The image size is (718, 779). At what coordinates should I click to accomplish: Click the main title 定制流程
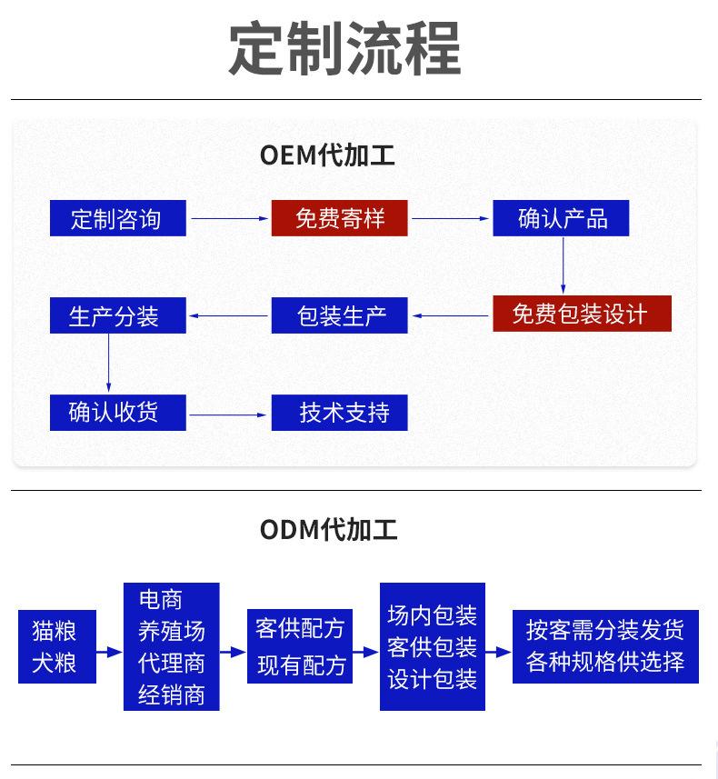pos(344,48)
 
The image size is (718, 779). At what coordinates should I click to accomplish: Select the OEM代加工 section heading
pos(327,155)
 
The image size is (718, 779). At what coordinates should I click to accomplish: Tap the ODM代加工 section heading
pos(328,529)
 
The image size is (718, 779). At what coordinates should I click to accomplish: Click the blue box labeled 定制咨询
pos(118,218)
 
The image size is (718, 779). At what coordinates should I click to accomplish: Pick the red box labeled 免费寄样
pos(339,218)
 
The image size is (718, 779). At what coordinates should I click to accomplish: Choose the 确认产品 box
pos(561,218)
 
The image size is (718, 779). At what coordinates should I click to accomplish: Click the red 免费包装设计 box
pos(582,314)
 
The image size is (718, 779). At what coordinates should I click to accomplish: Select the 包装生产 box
pos(339,315)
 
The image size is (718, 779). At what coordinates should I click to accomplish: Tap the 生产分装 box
pos(118,315)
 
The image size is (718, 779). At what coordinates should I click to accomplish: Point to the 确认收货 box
pos(118,413)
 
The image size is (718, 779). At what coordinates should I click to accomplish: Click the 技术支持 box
pos(339,413)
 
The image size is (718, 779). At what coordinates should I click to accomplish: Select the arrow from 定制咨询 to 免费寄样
pos(230,218)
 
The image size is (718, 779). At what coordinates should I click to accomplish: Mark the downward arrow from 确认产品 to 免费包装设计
pos(563,265)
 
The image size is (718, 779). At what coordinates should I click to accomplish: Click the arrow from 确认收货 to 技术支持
pos(228,414)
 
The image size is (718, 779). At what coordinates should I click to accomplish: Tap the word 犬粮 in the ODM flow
pos(55,663)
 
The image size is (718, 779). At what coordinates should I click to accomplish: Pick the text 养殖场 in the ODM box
pos(172,631)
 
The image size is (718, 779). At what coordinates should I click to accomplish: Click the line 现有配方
pos(301,665)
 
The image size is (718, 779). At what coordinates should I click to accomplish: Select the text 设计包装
pos(433,679)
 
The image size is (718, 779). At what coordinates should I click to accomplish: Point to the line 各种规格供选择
pos(605,661)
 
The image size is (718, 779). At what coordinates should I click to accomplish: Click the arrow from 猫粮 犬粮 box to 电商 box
pos(109,652)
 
